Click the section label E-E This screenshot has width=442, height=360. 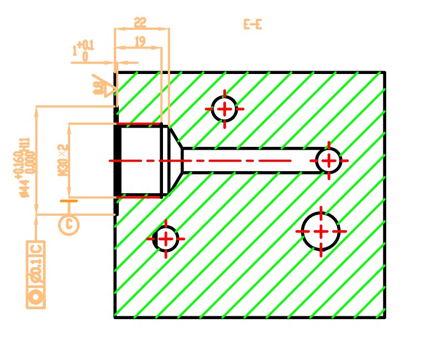click(x=252, y=24)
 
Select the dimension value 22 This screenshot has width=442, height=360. click(x=140, y=23)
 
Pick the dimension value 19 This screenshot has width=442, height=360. click(x=139, y=41)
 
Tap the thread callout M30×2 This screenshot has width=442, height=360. click(x=62, y=160)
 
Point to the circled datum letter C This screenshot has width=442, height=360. click(x=69, y=224)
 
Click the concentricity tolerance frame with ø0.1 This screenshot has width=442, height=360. click(x=36, y=274)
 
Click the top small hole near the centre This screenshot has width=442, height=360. click(x=224, y=109)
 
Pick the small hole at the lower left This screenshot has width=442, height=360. click(x=165, y=239)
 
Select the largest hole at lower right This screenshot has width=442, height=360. click(x=321, y=231)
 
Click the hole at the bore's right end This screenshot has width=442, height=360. click(x=329, y=161)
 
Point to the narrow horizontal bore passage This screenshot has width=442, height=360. click(x=249, y=161)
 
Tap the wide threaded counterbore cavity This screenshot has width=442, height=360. click(x=141, y=161)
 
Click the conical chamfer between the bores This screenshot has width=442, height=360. click(x=175, y=160)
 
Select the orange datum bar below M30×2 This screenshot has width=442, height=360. click(x=69, y=201)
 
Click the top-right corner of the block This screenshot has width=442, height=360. click(x=384, y=72)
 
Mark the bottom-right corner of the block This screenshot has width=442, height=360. click(x=384, y=317)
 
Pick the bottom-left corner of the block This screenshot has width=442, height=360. click(x=115, y=317)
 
